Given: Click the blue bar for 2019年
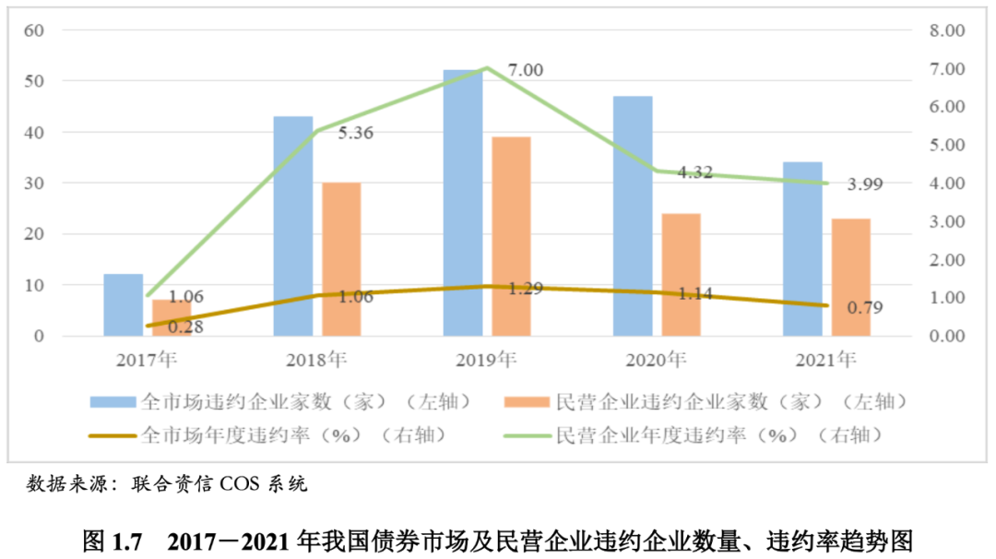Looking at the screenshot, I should click(463, 203).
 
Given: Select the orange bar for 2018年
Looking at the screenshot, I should click(341, 259).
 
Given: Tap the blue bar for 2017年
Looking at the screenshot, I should click(123, 304).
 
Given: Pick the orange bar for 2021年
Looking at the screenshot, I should click(851, 277).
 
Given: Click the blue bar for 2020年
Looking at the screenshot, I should click(633, 216).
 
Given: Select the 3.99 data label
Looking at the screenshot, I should click(865, 184).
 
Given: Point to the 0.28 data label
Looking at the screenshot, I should click(185, 326).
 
